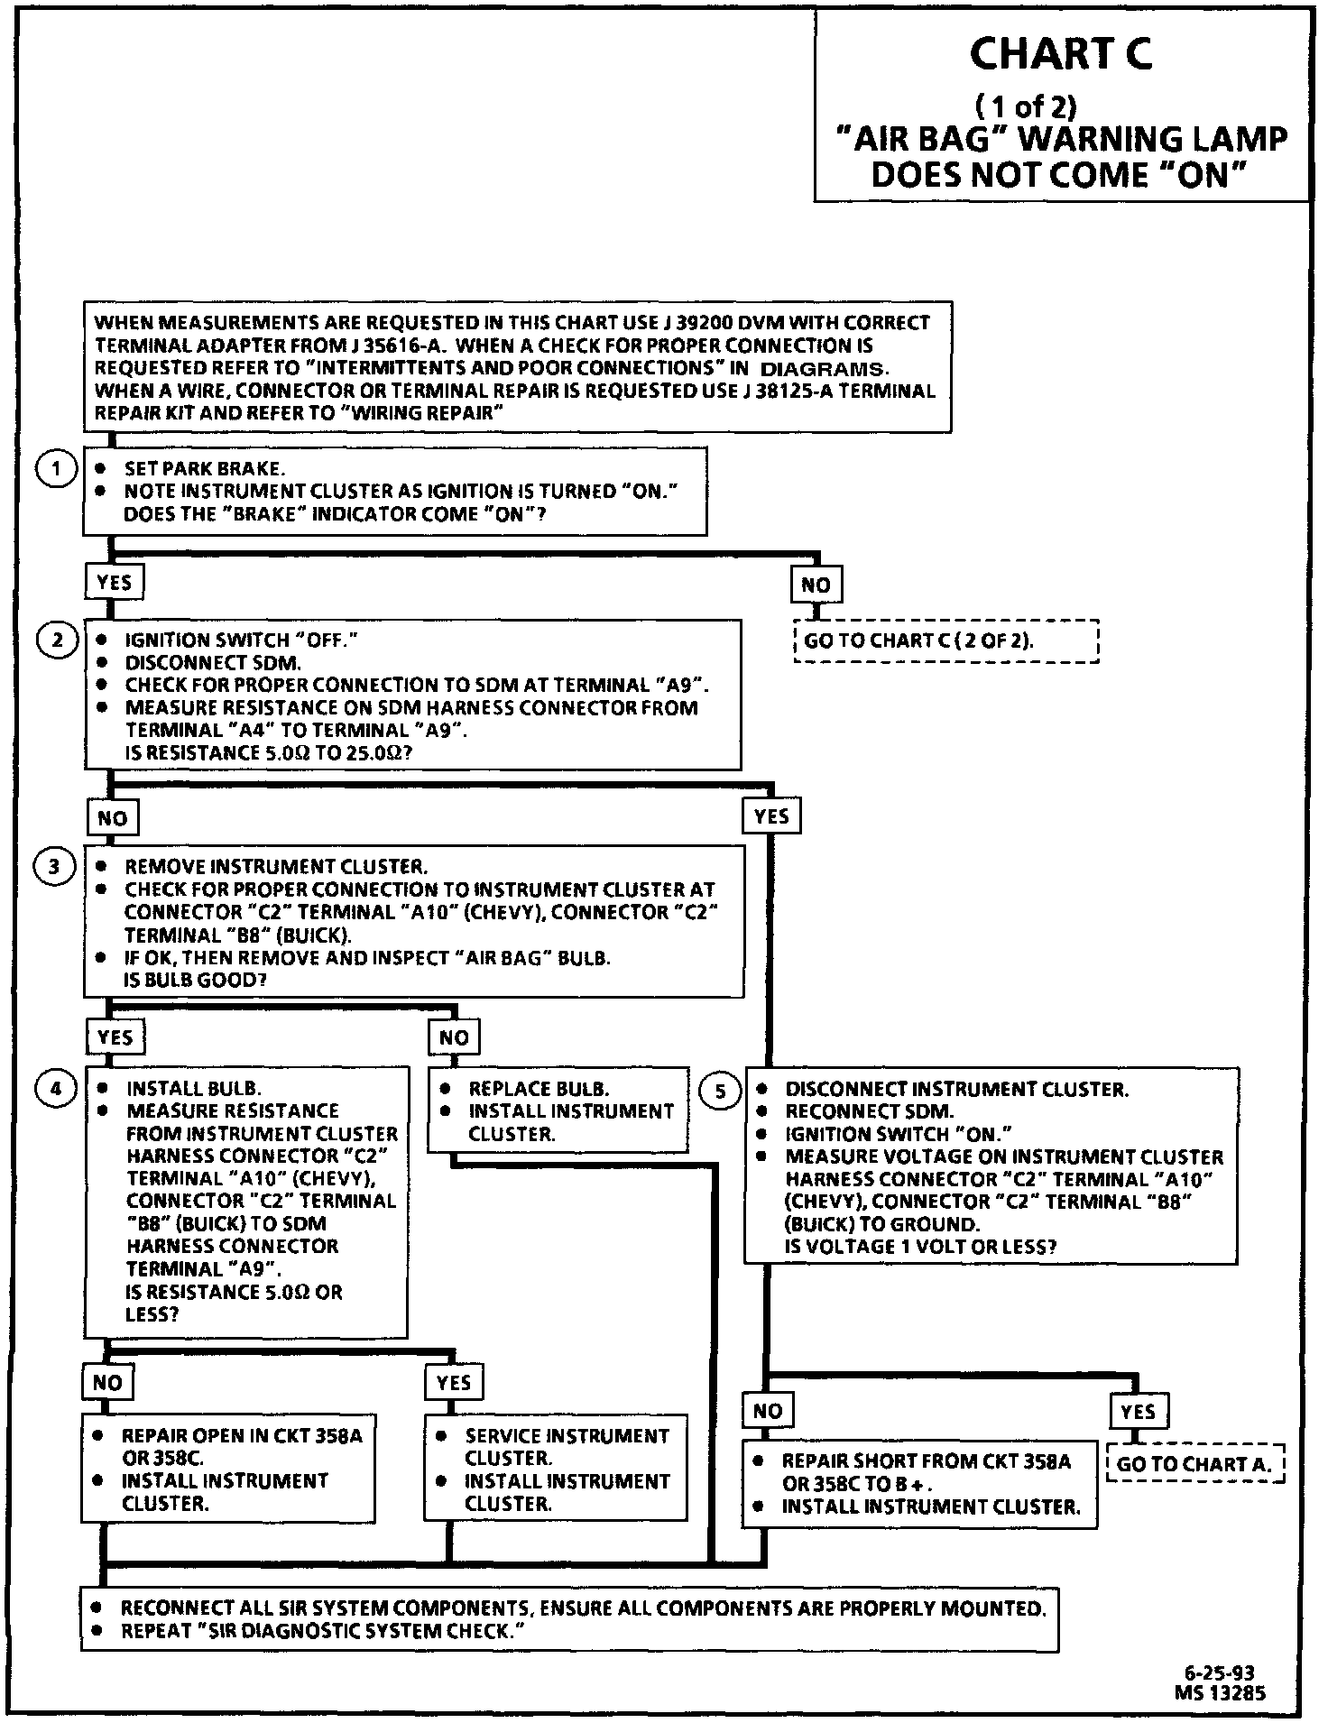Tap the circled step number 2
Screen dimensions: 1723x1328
pyautogui.click(x=58, y=640)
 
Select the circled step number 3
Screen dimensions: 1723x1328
pyautogui.click(x=55, y=867)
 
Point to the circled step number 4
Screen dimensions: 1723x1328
pyautogui.click(x=56, y=1090)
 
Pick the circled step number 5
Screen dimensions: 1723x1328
pyautogui.click(x=719, y=1092)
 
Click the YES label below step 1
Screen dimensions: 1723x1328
pyautogui.click(x=115, y=583)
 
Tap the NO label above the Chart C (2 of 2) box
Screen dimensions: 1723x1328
pyautogui.click(x=816, y=585)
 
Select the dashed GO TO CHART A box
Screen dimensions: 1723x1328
pyautogui.click(x=1194, y=1464)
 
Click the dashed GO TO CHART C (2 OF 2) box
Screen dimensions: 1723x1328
pyautogui.click(x=945, y=641)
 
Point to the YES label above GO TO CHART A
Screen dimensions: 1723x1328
pyautogui.click(x=1139, y=1411)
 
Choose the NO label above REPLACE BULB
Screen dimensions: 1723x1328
pyautogui.click(x=454, y=1037)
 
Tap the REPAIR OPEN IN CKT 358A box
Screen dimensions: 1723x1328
pyautogui.click(x=228, y=1469)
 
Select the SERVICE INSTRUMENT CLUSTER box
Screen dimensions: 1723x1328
pyautogui.click(x=555, y=1469)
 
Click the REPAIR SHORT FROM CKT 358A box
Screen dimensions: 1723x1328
pyautogui.click(x=919, y=1483)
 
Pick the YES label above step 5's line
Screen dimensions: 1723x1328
pyautogui.click(x=771, y=817)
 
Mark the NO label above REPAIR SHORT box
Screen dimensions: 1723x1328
pyautogui.click(x=768, y=1411)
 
